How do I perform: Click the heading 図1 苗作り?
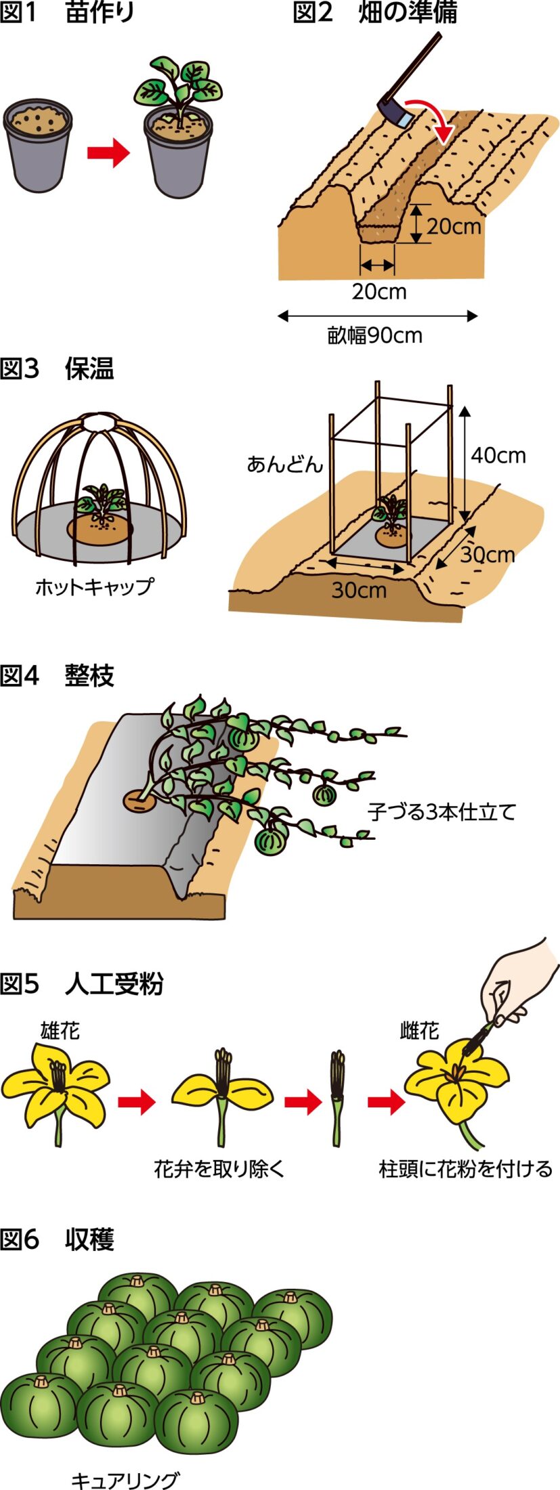pos(67,14)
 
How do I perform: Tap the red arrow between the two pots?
pos(108,153)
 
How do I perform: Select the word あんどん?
pos(284,465)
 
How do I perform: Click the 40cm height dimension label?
pos(498,455)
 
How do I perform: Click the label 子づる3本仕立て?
pos(442,811)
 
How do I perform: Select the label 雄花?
pos(60,1031)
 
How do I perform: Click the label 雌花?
pos(419,1031)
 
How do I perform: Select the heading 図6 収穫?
pos(57,1239)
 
